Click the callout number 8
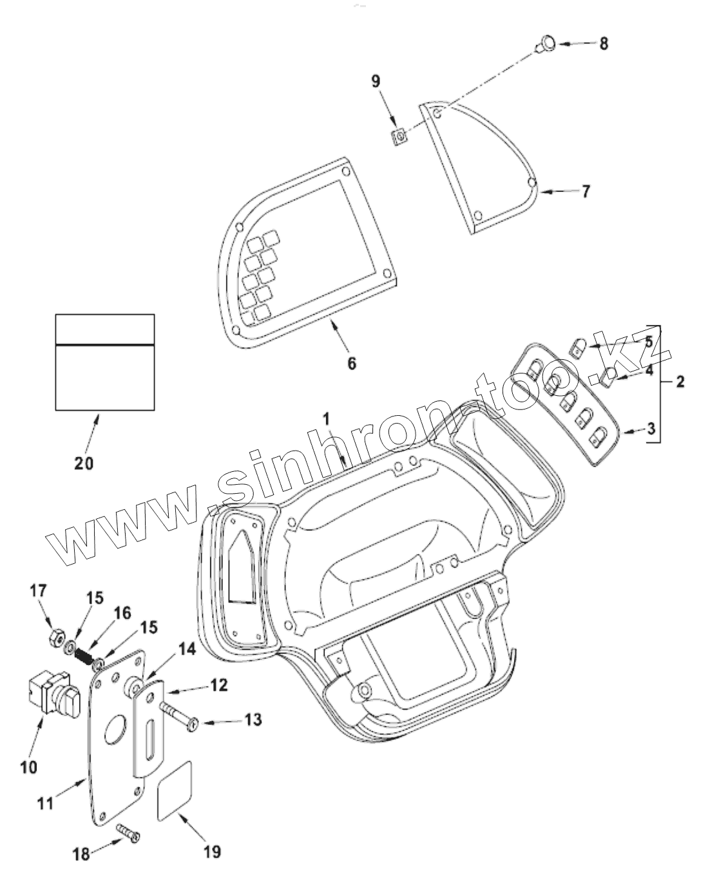pyautogui.click(x=603, y=44)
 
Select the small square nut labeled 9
pyautogui.click(x=400, y=136)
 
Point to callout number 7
pyautogui.click(x=585, y=192)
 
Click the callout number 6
pyautogui.click(x=351, y=364)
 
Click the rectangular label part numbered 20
pyautogui.click(x=104, y=362)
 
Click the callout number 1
pyautogui.click(x=327, y=420)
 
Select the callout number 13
pyautogui.click(x=253, y=719)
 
